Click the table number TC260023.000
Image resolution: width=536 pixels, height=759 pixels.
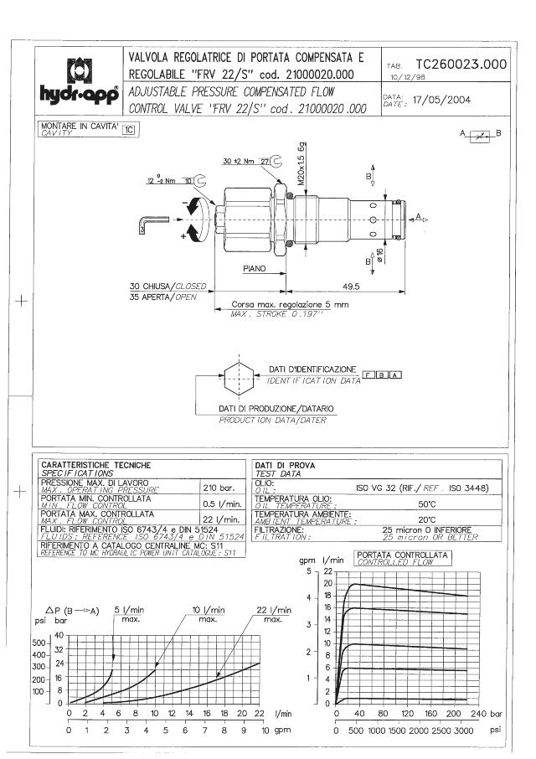pyautogui.click(x=461, y=64)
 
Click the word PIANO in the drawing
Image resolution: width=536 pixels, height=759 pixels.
pyautogui.click(x=255, y=270)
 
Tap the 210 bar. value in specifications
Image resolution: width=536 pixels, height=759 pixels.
pyautogui.click(x=218, y=486)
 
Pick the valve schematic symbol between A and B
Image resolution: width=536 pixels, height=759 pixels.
pyautogui.click(x=479, y=134)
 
